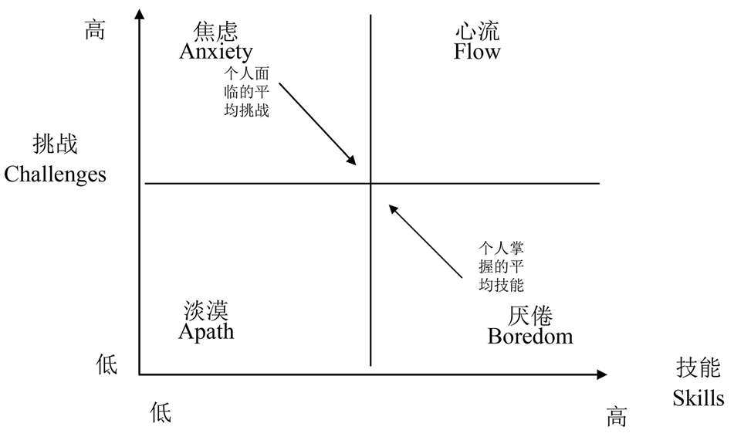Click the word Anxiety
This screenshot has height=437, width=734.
click(216, 52)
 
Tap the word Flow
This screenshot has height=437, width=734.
click(477, 52)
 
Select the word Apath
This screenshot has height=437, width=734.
click(206, 331)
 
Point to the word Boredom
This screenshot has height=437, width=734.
click(530, 336)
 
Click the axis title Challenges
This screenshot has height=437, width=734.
click(55, 174)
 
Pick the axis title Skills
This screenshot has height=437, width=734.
click(698, 398)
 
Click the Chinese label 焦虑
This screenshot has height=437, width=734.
click(216, 31)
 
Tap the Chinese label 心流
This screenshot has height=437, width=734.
click(477, 31)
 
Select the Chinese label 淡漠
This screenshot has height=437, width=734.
click(206, 311)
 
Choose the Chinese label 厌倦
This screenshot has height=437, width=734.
click(530, 316)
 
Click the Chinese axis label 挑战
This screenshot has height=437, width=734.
click(55, 144)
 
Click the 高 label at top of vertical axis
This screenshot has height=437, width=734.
click(94, 30)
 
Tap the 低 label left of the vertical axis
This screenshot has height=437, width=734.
click(107, 364)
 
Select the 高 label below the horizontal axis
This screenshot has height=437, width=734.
click(616, 418)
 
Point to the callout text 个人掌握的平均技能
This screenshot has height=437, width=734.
click(502, 266)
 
